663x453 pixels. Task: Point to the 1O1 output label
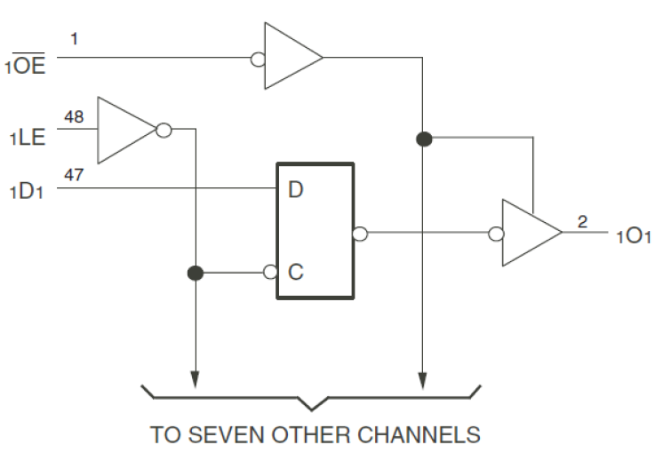633,237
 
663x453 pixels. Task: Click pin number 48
75,116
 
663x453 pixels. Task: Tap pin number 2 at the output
582,221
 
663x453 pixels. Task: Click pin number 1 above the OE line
75,39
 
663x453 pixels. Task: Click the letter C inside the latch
296,273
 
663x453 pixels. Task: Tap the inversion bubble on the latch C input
270,273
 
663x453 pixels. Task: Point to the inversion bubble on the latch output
360,234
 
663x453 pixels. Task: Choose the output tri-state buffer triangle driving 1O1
530,234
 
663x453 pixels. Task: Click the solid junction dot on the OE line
424,139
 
